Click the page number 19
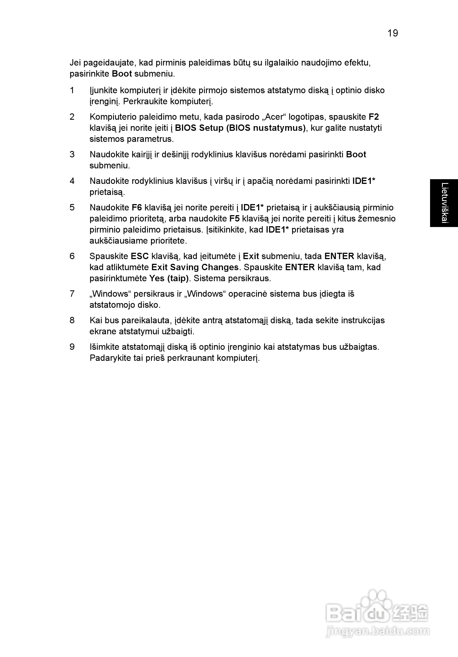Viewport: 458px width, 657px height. (392, 33)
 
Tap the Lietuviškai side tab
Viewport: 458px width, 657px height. (444, 203)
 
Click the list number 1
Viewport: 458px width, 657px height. (72, 90)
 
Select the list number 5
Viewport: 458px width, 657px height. (72, 207)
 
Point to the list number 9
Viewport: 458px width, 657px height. (72, 347)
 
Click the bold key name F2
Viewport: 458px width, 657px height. (374, 117)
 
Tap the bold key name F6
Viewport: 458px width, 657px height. (137, 207)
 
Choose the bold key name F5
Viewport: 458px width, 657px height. (235, 219)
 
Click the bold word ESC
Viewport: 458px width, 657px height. (140, 256)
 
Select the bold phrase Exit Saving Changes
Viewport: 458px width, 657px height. (195, 267)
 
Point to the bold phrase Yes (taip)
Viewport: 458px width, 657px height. (169, 278)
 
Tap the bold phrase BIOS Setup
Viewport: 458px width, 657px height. (199, 128)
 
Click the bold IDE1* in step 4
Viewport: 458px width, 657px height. (363, 181)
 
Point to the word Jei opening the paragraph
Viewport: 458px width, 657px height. (75, 63)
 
